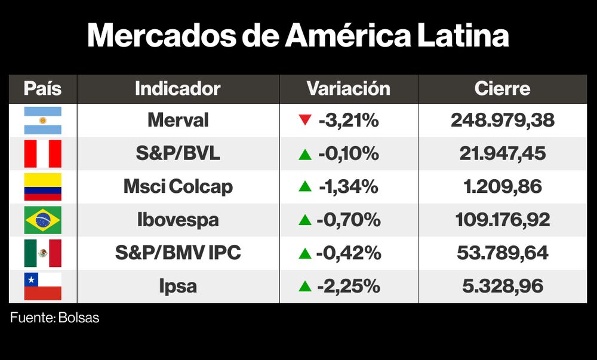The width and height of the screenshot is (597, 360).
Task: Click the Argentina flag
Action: [42, 121]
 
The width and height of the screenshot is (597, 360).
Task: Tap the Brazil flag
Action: [42, 220]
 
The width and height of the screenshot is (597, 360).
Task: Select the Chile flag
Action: [42, 286]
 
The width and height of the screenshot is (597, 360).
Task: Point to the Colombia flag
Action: [42, 187]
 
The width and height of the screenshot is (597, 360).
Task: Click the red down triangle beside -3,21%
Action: [305, 121]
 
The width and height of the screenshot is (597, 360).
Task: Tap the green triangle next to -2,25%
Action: [305, 287]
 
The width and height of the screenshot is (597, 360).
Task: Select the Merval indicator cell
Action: [178, 121]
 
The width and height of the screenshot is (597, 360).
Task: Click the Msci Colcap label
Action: [178, 187]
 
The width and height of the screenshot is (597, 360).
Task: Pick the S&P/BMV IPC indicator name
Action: [178, 253]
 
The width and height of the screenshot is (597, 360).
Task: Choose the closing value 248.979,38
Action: [502, 121]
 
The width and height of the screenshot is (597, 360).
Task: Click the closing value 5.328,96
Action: [502, 287]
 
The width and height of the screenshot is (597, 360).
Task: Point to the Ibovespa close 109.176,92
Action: [502, 220]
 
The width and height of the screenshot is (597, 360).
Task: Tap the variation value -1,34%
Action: [349, 187]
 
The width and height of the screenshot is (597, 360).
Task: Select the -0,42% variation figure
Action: [349, 253]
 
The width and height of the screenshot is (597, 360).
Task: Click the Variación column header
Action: [348, 89]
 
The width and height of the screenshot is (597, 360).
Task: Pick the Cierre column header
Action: [502, 89]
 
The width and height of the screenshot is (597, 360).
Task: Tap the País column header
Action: [42, 89]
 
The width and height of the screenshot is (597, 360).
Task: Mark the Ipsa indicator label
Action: [178, 287]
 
